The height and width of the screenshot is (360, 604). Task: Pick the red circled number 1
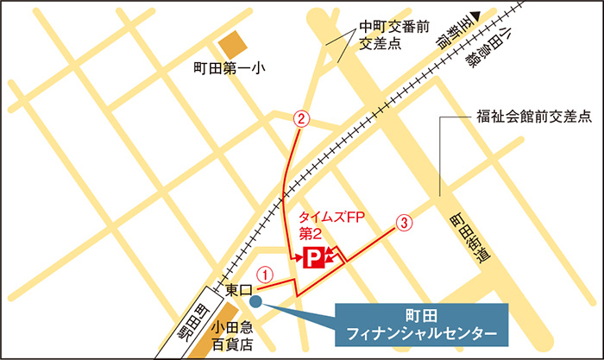pyautogui.click(x=267, y=274)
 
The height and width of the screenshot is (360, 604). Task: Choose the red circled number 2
pyautogui.click(x=301, y=119)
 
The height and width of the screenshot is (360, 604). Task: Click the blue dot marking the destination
pyautogui.click(x=257, y=299)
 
